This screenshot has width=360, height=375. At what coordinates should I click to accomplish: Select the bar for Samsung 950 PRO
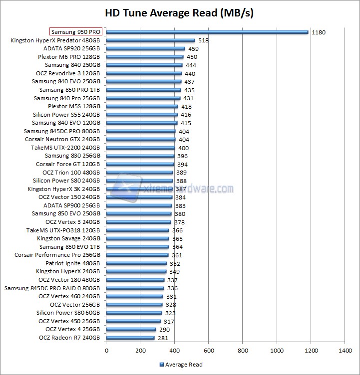click(207, 32)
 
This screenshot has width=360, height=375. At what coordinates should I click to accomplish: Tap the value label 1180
click(318, 32)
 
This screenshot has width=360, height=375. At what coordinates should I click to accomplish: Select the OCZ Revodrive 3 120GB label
click(68, 73)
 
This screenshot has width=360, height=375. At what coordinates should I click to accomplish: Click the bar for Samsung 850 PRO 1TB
click(143, 90)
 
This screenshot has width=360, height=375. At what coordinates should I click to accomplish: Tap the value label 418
click(186, 107)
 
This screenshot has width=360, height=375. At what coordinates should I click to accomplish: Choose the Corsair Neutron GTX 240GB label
click(62, 140)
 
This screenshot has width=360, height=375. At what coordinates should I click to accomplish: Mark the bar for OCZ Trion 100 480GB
click(139, 173)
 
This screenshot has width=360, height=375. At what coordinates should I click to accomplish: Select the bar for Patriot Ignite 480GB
click(136, 263)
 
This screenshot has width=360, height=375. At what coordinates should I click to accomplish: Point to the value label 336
click(172, 288)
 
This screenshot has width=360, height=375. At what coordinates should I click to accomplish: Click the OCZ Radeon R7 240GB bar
click(130, 338)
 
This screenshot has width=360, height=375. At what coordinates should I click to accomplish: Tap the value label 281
click(163, 338)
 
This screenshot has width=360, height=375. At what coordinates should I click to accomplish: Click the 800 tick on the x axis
click(243, 351)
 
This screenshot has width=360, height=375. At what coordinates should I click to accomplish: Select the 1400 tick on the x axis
click(345, 351)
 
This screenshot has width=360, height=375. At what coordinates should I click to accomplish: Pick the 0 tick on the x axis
click(106, 351)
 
